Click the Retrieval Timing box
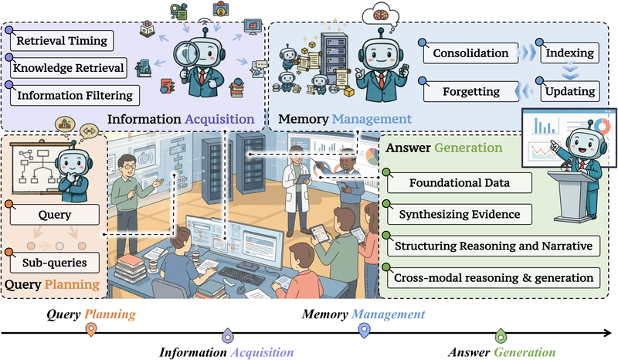pos(62,41)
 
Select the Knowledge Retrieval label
pos(69,68)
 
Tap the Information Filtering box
pos(75,96)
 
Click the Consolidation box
pos(470,53)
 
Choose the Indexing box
pos(570,53)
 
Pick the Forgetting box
pos(471,91)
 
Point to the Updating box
pos(570,91)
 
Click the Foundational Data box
pos(459,183)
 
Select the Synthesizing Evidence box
pos(459,215)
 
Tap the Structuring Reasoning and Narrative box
pos(494,246)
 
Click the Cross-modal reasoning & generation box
pos(494,278)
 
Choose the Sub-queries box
pos(54,263)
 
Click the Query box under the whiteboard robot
pos(54,215)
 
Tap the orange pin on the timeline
pos(91,329)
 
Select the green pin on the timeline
pos(501,335)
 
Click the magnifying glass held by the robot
pos(186,53)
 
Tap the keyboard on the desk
pos(241,275)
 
